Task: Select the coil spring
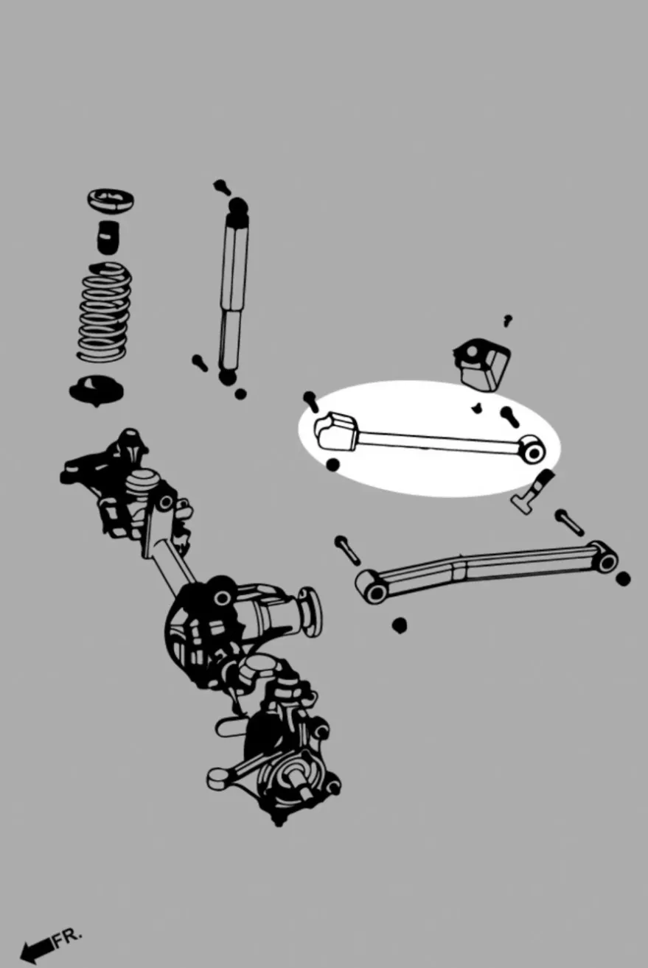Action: pyautogui.click(x=105, y=312)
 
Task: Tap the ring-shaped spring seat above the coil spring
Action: pyautogui.click(x=111, y=200)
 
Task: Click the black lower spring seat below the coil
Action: pyautogui.click(x=96, y=390)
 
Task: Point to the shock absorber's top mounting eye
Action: pyautogui.click(x=238, y=206)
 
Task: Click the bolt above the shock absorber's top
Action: pyautogui.click(x=221, y=186)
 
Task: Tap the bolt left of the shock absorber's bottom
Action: pyautogui.click(x=200, y=362)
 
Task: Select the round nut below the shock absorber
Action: pyautogui.click(x=240, y=394)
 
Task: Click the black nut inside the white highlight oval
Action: pyautogui.click(x=332, y=465)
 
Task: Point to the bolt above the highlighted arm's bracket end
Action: pyautogui.click(x=311, y=401)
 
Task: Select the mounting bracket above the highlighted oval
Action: pyautogui.click(x=481, y=365)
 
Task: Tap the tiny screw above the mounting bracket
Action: pyautogui.click(x=508, y=321)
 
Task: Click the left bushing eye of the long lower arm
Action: pyautogui.click(x=373, y=589)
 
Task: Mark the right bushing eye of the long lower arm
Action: pyautogui.click(x=605, y=560)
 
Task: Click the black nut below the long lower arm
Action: pyautogui.click(x=400, y=625)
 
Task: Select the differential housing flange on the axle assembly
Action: pyautogui.click(x=310, y=611)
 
